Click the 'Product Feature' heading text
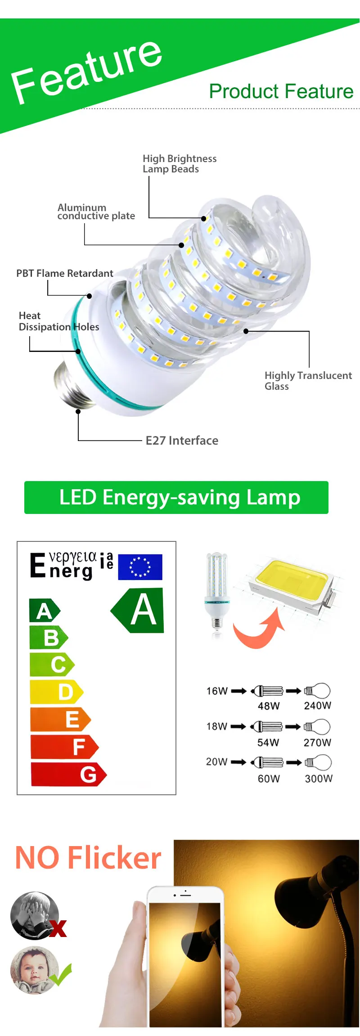[281, 91]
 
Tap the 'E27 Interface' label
[182, 441]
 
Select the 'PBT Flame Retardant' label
[65, 274]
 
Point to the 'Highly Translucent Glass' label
[308, 381]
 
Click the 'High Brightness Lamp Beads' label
[179, 164]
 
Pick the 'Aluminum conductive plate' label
[96, 212]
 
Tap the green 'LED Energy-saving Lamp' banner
[176, 497]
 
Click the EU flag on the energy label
[140, 567]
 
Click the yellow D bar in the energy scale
[56, 692]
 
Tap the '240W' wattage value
[317, 706]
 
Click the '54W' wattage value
[268, 743]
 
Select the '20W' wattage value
[216, 761]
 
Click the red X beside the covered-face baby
[58, 928]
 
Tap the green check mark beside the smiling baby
[61, 974]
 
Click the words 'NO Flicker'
[88, 858]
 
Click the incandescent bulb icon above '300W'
[319, 762]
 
